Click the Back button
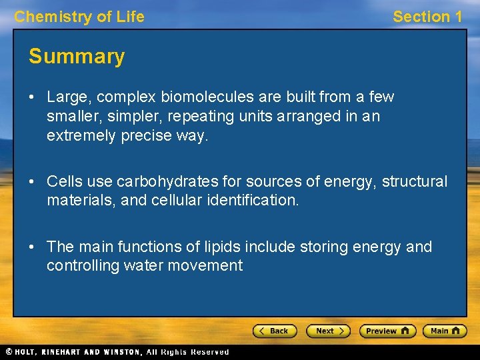(274, 331)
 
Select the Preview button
(387, 331)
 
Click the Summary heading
(77, 57)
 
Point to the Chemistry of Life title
(79, 17)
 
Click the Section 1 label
(427, 17)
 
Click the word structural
(415, 181)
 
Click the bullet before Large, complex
(32, 97)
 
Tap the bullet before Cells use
(32, 181)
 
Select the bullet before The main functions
(32, 247)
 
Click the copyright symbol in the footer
(9, 352)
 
